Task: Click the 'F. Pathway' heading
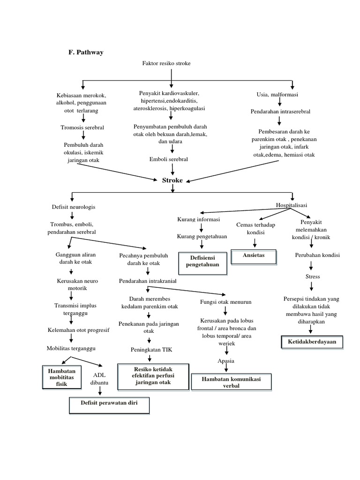point(86,52)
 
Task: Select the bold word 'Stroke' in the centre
point(172,180)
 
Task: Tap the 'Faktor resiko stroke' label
point(166,63)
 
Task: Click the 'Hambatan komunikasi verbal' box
point(231,382)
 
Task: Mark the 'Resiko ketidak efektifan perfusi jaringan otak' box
point(151,376)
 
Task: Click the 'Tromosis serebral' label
point(82,127)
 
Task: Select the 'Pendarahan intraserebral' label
point(280,112)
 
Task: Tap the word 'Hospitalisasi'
point(292,205)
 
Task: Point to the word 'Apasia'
point(226,360)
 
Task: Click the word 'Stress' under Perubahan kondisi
point(312,277)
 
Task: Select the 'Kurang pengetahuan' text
point(202,237)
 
